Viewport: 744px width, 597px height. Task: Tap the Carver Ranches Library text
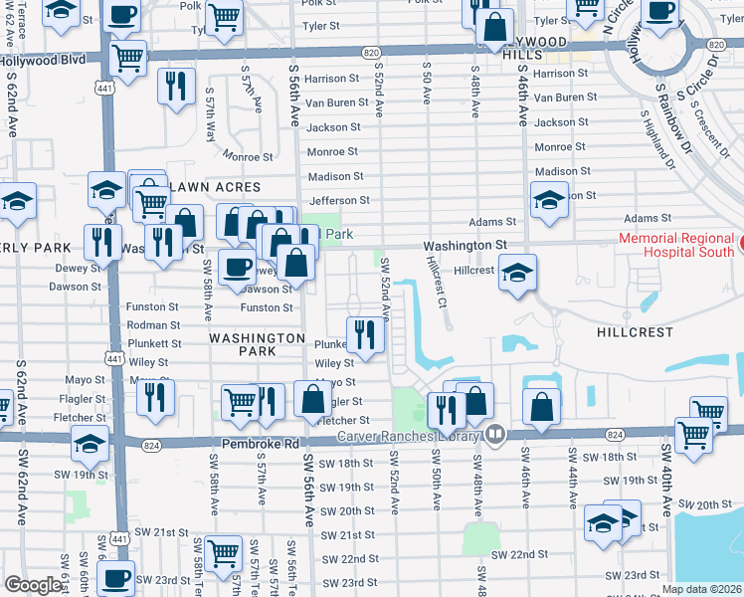point(409,435)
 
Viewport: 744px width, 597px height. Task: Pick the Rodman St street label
point(153,325)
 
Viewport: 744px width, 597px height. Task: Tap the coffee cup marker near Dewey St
point(237,268)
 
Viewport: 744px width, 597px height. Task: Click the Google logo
point(34,585)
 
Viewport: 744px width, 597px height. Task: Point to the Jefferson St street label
point(339,201)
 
